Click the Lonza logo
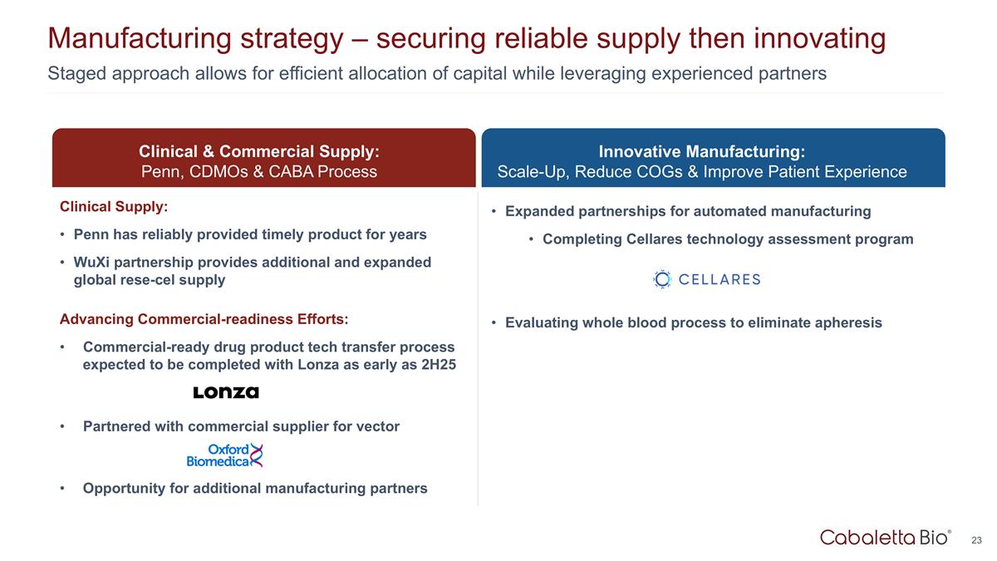pyautogui.click(x=226, y=392)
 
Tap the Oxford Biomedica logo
pyautogui.click(x=225, y=455)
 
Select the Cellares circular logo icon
pyautogui.click(x=662, y=279)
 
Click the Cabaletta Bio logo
pyautogui.click(x=886, y=538)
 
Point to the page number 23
pyautogui.click(x=976, y=540)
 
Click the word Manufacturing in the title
pyautogui.click(x=140, y=38)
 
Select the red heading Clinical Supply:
pyautogui.click(x=114, y=207)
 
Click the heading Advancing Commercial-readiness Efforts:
pyautogui.click(x=204, y=319)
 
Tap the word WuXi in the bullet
pyautogui.click(x=91, y=262)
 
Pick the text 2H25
pyautogui.click(x=439, y=364)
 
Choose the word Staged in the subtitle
pyautogui.click(x=77, y=73)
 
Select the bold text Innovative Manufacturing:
pyautogui.click(x=702, y=151)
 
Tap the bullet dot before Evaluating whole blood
pyautogui.click(x=494, y=322)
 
